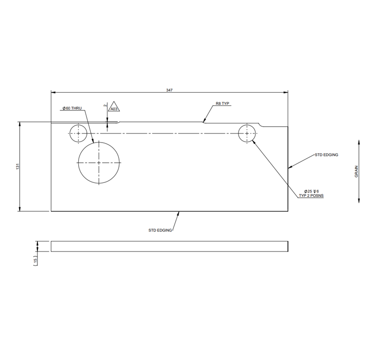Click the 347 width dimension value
pos(169,90)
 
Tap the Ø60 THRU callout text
pos(72,108)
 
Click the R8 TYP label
pos(223,103)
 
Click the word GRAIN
pos(356,171)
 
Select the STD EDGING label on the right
pos(326,155)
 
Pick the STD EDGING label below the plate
pos(160,230)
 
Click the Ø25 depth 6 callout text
pos(311,191)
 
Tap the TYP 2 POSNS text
pos(311,196)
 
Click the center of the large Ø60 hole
pos(99,163)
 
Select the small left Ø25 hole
pos(77,133)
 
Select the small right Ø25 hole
pos(247,133)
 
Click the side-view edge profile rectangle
pos(169,246)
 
